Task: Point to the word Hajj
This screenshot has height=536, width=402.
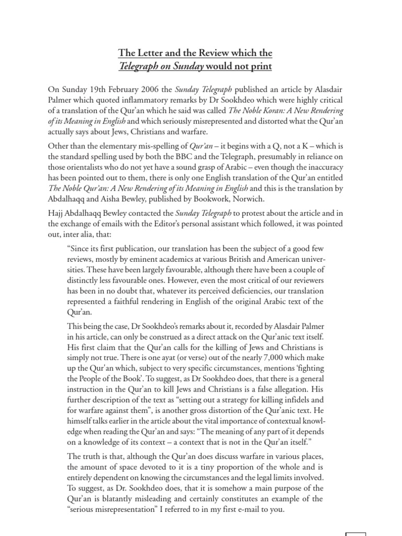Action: pyautogui.click(x=57, y=214)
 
